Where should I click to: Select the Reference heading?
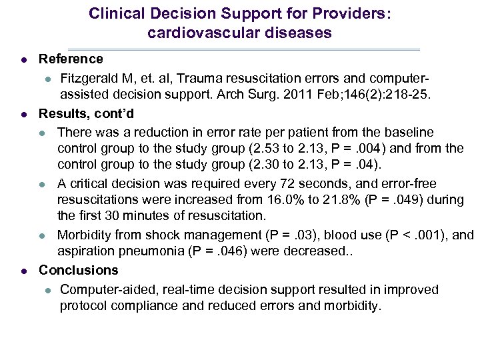pyautogui.click(x=71, y=60)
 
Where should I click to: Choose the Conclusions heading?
pyautogui.click(x=78, y=270)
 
